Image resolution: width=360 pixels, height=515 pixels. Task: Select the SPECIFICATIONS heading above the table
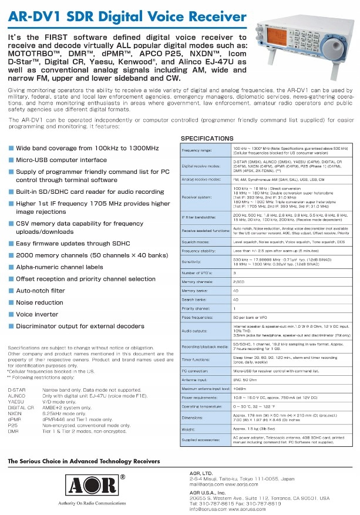(x=207, y=139)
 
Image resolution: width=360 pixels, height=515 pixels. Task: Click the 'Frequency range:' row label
(x=197, y=150)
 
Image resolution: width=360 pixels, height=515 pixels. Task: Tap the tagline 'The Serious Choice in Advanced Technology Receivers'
(x=83, y=462)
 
